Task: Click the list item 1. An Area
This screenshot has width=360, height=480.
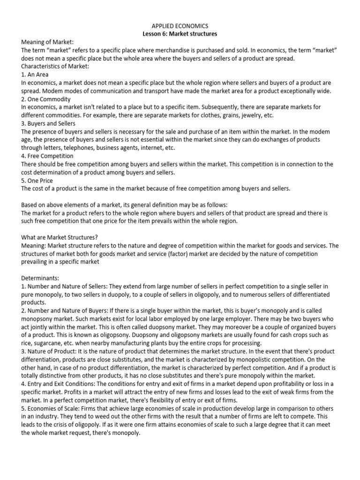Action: (x=35, y=75)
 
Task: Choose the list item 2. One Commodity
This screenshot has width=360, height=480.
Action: (x=46, y=99)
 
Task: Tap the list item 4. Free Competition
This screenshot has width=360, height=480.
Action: (x=47, y=156)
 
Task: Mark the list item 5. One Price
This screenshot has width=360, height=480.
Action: (x=37, y=180)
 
